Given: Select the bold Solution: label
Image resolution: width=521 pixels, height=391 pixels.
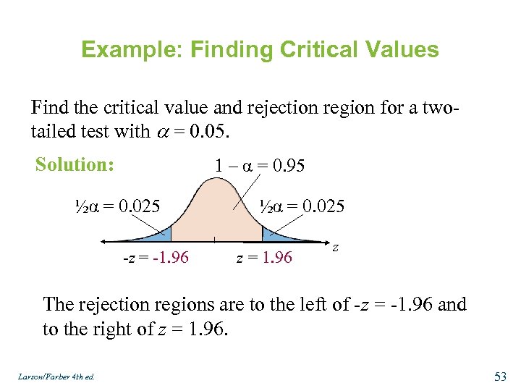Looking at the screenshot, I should click(x=75, y=164).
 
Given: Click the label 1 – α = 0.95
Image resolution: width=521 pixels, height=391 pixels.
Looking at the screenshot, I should click(x=260, y=166).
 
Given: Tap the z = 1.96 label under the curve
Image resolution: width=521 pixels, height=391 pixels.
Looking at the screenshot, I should click(x=265, y=257).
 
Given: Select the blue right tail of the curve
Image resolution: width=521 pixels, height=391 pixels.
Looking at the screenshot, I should click(x=271, y=235).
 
